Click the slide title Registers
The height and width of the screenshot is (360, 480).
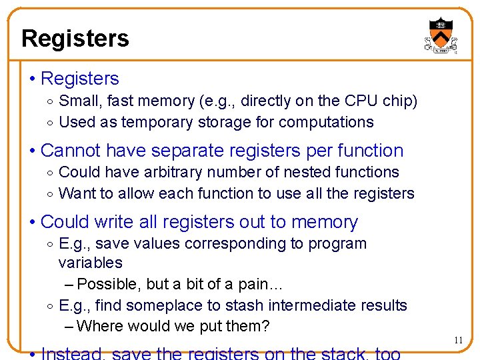pyautogui.click(x=75, y=39)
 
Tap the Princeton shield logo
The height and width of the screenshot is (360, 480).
pyautogui.click(x=441, y=35)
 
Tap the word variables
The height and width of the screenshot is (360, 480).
pyautogui.click(x=91, y=263)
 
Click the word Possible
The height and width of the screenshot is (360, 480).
pyautogui.click(x=109, y=284)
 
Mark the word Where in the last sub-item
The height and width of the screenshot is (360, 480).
pyautogui.click(x=99, y=327)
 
